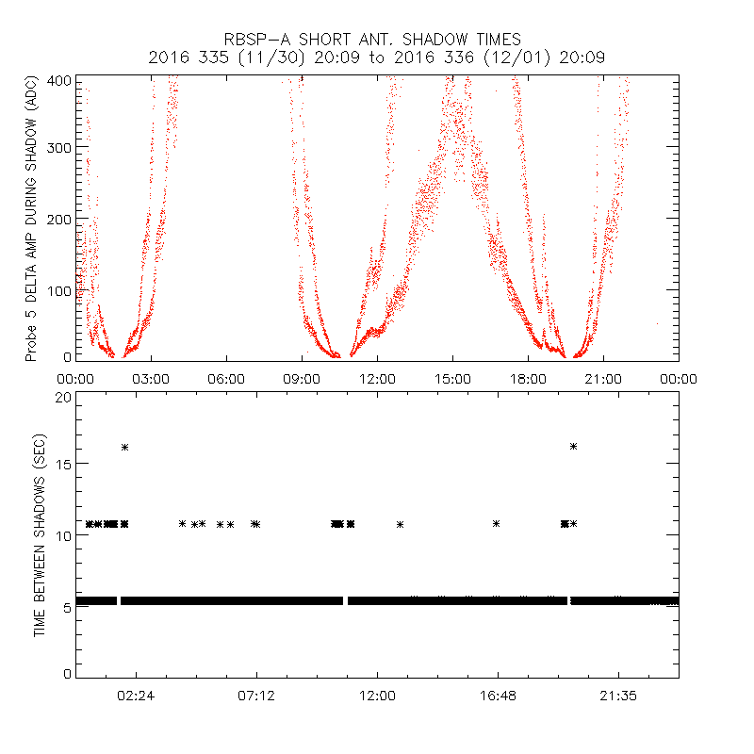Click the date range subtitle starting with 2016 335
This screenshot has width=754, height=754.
[376, 57]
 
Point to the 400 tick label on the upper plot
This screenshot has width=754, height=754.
[59, 81]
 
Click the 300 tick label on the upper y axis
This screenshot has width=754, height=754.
[59, 148]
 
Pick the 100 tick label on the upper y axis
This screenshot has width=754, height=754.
[59, 288]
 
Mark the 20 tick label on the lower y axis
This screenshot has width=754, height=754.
[63, 397]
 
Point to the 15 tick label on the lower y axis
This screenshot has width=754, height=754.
[63, 464]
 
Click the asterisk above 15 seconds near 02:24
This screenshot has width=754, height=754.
[124, 447]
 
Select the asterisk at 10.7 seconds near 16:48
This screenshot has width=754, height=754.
[496, 523]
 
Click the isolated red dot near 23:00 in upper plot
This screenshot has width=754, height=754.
[658, 323]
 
